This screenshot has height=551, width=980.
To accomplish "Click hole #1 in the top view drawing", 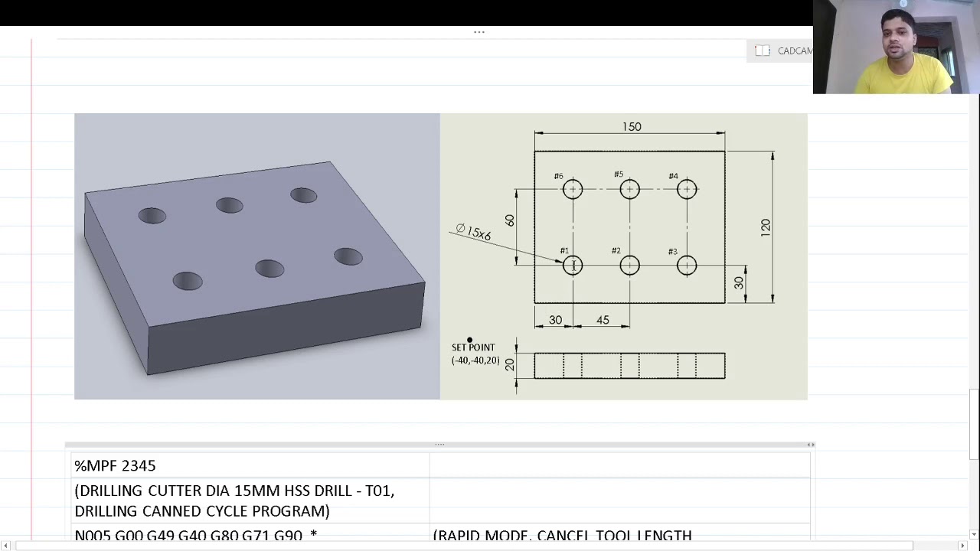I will [x=573, y=266].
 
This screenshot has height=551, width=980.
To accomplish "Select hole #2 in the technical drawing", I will [x=629, y=266].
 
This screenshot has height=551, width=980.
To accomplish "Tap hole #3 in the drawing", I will [x=687, y=266].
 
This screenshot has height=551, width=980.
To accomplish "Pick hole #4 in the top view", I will [x=687, y=189].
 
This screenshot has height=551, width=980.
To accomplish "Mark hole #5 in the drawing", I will [x=629, y=189].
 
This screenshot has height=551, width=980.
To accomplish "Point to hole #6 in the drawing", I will [x=573, y=189].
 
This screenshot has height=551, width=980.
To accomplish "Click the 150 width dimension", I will [x=632, y=127].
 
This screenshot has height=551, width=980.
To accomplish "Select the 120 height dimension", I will [x=766, y=227].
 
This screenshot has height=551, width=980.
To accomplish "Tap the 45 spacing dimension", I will [x=603, y=320].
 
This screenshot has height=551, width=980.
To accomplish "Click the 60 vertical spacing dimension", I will [x=510, y=220].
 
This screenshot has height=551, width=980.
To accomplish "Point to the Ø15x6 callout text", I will [x=473, y=232].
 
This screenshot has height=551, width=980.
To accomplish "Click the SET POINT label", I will [x=473, y=347].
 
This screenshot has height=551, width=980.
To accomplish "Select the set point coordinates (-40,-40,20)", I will [x=475, y=360].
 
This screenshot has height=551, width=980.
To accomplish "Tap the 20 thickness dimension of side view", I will [x=510, y=365].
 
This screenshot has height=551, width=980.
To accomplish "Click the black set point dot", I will [x=469, y=340].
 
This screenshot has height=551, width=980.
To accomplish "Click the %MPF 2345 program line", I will [x=115, y=465].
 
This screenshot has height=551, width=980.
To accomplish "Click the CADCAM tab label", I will [x=795, y=51].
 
